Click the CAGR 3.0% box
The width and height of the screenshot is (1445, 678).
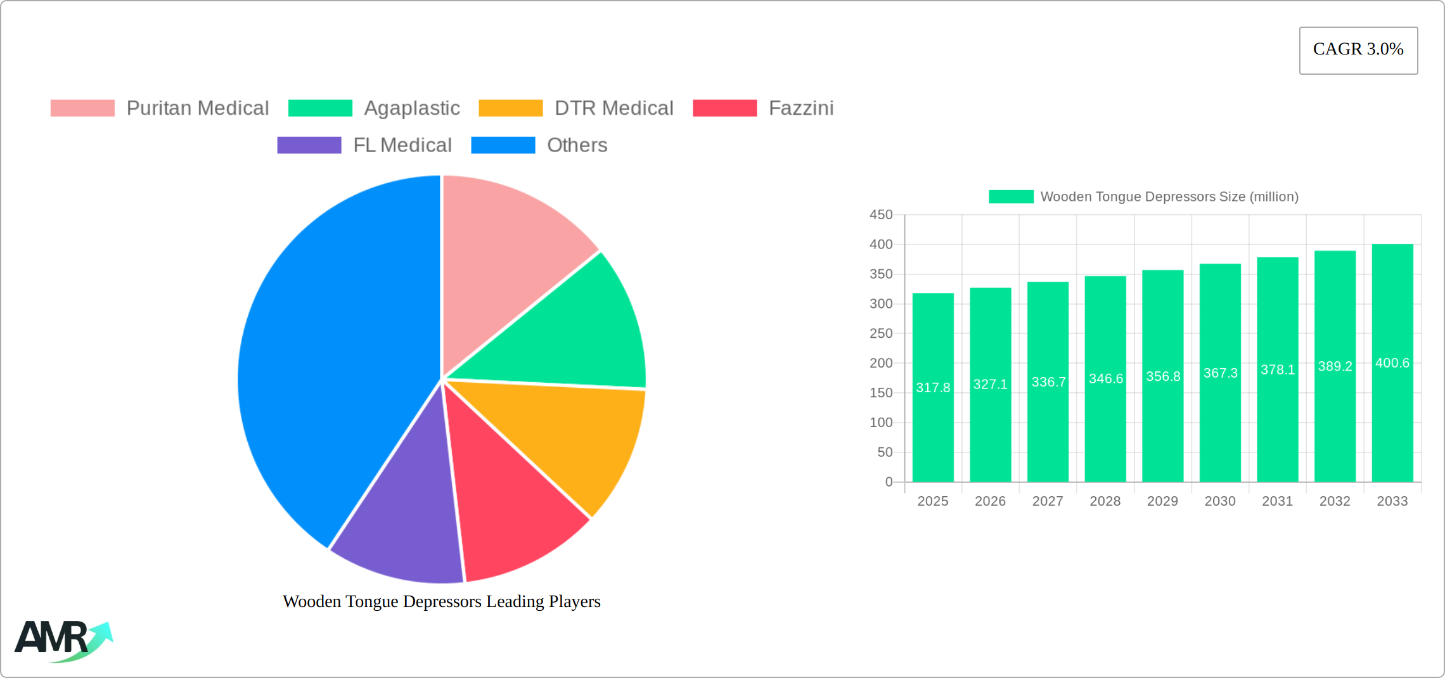click(1358, 50)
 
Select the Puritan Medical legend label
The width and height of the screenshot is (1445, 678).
click(197, 108)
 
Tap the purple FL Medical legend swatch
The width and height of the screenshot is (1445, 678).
click(309, 145)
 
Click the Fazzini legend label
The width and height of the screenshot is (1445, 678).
click(800, 108)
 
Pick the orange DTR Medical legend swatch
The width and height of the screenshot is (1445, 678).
click(510, 108)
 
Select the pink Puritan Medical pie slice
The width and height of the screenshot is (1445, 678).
click(507, 253)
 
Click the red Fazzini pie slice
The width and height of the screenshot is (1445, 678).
click(507, 507)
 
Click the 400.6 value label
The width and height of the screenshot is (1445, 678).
click(1392, 363)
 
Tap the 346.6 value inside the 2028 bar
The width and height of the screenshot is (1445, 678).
click(1105, 379)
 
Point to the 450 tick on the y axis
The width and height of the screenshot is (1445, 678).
click(881, 215)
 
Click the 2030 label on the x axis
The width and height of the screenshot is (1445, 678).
click(1219, 501)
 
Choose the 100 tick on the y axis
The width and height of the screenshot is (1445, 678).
click(881, 423)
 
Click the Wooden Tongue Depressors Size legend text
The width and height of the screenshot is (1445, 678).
click(1169, 197)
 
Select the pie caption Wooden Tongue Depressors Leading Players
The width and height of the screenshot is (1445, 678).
click(441, 601)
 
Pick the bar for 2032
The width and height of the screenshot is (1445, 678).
click(1335, 431)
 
